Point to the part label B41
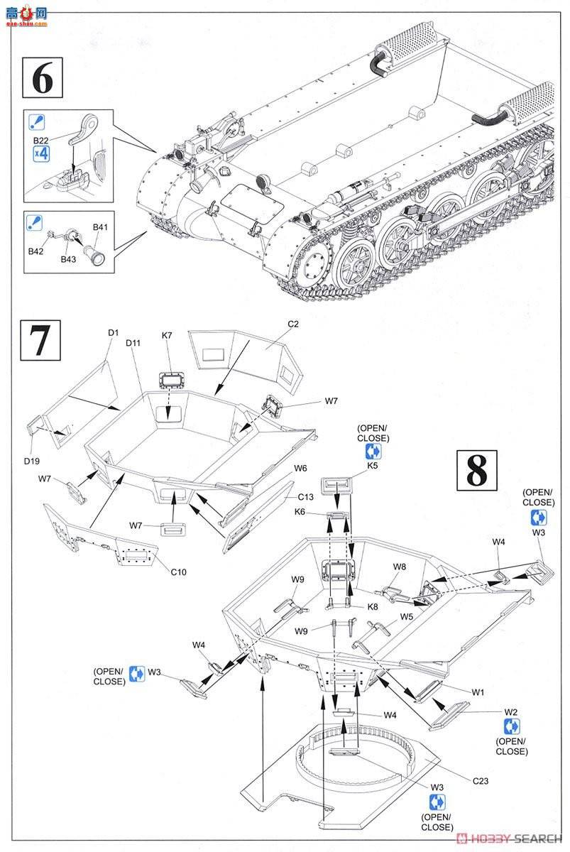[x=100, y=227]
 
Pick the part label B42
[x=35, y=251]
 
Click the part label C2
[x=292, y=324]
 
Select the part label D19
[x=31, y=461]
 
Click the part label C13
[x=306, y=497]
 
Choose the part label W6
[x=300, y=469]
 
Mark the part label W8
[x=400, y=567]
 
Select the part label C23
[x=483, y=781]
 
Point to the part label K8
[x=373, y=607]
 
